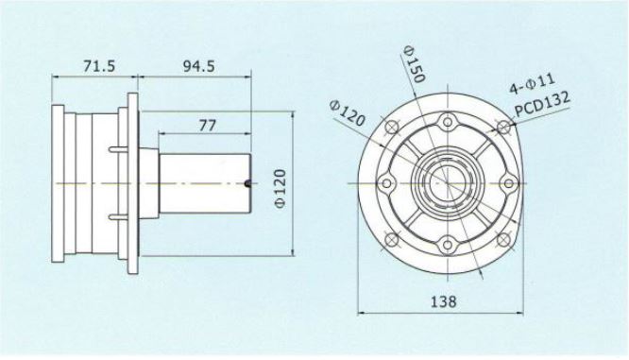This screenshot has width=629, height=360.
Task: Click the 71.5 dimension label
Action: pyautogui.click(x=99, y=65)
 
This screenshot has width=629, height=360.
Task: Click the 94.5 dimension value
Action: pyautogui.click(x=198, y=65)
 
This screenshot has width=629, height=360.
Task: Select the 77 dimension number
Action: pyautogui.click(x=208, y=126)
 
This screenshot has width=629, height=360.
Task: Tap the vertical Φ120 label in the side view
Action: pyautogui.click(x=280, y=189)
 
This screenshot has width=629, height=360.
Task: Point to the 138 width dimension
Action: pyautogui.click(x=443, y=301)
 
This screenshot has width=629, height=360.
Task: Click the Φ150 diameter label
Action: pyautogui.click(x=414, y=63)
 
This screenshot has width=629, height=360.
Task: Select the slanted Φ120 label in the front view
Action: pyautogui.click(x=347, y=112)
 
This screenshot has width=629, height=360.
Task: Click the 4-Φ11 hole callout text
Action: pyautogui.click(x=533, y=83)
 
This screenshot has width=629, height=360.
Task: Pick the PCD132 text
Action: pyautogui.click(x=542, y=104)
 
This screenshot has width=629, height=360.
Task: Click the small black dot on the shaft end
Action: pyautogui.click(x=247, y=184)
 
